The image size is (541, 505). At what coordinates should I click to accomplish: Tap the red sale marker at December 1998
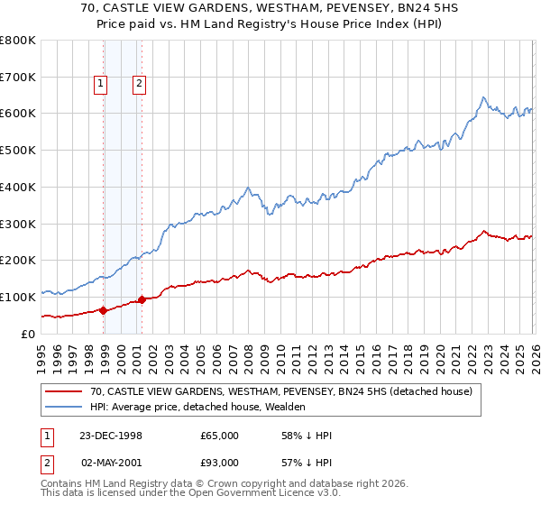(104, 310)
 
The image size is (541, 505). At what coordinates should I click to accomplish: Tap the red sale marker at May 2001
(142, 299)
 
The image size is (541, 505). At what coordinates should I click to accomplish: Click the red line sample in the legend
(66, 392)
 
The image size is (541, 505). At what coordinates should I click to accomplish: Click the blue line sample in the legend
(66, 408)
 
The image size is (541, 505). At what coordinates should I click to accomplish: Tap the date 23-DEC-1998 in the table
(112, 436)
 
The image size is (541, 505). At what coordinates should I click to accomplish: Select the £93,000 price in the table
(220, 462)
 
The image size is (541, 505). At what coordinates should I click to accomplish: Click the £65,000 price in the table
(220, 436)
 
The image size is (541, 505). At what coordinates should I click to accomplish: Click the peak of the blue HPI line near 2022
(484, 97)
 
